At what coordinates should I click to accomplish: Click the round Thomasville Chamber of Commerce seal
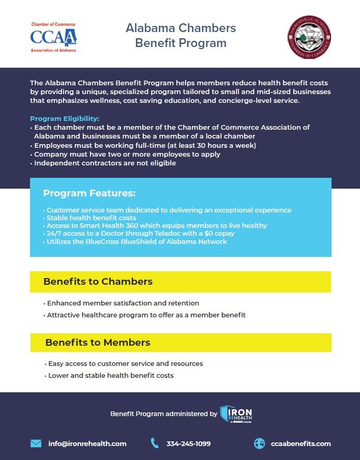309,37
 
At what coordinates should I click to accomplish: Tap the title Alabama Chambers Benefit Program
181,35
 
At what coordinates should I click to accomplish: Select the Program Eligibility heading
65,118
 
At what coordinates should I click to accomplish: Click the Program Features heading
89,193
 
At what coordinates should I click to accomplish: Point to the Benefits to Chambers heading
98,282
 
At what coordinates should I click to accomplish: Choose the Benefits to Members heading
98,343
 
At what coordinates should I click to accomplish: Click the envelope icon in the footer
36,443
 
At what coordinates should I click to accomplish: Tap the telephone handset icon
155,443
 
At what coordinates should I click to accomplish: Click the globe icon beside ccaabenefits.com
259,443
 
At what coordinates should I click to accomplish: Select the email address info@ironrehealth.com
87,443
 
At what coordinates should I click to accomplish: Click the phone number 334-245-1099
188,443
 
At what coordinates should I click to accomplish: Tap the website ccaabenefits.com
301,443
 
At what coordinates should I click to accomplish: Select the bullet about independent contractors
105,163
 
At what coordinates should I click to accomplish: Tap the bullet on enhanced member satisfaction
123,303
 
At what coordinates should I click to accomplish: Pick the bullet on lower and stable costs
111,375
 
